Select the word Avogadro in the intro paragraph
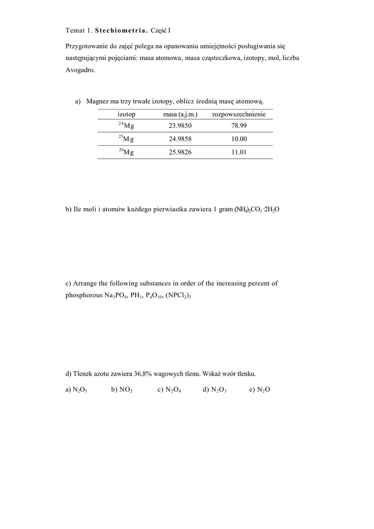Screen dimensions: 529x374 [x=81, y=71]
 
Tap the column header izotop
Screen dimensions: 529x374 [x=126, y=114]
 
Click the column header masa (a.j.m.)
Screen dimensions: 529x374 [x=180, y=114]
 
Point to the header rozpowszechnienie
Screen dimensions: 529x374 [x=239, y=114]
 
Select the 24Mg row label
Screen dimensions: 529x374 [x=126, y=126]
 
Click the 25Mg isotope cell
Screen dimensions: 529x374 [x=126, y=138]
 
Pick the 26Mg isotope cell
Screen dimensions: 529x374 [x=126, y=152]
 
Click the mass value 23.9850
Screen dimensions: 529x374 [x=180, y=126]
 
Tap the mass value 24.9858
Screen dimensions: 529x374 [x=180, y=139]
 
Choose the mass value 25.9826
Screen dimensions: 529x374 [x=180, y=152]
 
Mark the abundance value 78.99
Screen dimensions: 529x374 [x=239, y=126]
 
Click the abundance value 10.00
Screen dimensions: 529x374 [x=239, y=139]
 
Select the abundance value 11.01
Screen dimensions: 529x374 [x=239, y=152]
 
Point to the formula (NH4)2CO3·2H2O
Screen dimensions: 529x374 [x=257, y=210]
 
